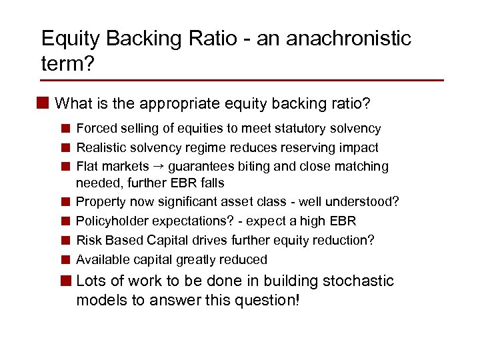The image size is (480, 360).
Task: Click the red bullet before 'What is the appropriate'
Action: coord(44,103)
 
